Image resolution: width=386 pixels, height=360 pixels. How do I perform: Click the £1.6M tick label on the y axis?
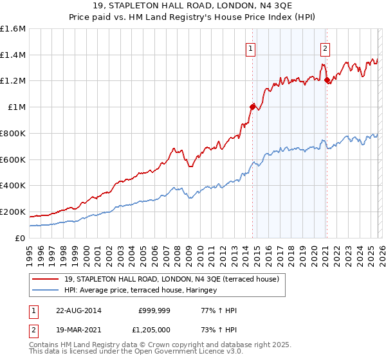(x=13, y=29)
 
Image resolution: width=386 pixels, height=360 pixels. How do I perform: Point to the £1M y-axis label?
(x=17, y=107)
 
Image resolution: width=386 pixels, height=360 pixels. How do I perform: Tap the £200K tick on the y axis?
(x=13, y=212)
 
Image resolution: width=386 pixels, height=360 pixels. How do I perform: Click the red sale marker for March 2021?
(x=327, y=80)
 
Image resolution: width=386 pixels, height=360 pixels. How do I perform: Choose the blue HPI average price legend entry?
(x=140, y=291)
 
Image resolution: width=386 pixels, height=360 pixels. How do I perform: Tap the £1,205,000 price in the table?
(x=154, y=329)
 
